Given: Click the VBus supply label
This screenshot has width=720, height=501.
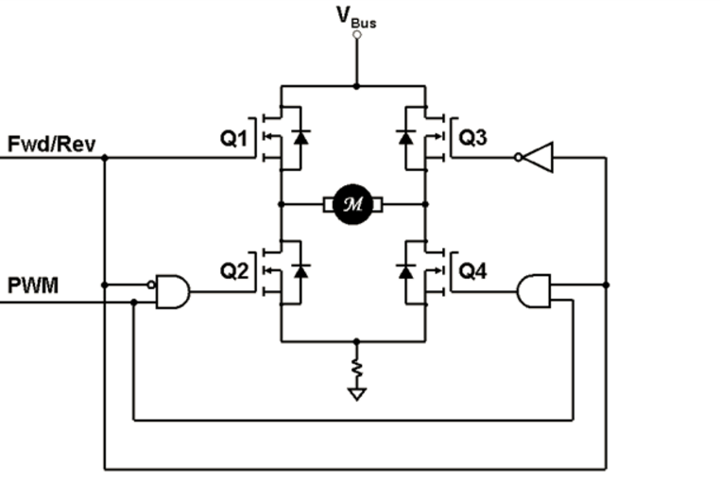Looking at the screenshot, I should (x=356, y=16).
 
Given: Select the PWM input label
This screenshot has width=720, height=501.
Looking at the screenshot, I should (x=34, y=285).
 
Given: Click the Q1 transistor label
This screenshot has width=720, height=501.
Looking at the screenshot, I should (x=233, y=139).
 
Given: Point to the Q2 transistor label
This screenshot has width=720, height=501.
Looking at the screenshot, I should (x=233, y=271).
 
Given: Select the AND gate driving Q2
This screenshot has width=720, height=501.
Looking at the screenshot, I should (x=173, y=293).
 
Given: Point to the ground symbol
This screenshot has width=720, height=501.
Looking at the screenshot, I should (x=356, y=392).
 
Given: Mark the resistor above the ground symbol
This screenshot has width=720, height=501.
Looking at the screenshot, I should (x=356, y=365).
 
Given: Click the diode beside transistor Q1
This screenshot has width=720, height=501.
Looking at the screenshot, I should (x=300, y=137).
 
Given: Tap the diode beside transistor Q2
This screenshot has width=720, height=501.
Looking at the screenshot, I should (x=300, y=271).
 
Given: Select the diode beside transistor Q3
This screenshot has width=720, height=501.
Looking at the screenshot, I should (x=406, y=137).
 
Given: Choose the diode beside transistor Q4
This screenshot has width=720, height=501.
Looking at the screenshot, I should (x=406, y=271).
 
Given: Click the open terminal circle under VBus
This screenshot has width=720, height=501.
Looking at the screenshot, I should (x=356, y=35).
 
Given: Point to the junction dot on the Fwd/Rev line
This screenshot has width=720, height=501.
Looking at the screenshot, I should (x=104, y=158).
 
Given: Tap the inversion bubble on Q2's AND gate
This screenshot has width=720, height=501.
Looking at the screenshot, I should (x=151, y=284).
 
